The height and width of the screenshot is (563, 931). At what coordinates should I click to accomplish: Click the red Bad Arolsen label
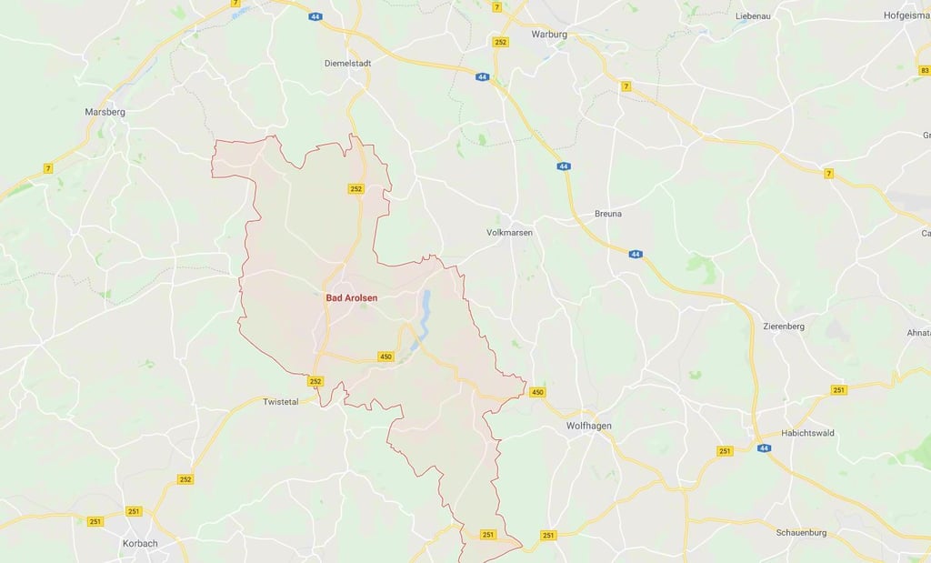(351, 297)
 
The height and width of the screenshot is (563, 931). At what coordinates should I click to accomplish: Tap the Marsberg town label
(105, 112)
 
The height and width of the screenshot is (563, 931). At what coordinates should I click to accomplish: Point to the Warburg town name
(549, 35)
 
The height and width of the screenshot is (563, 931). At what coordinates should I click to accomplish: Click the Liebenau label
(754, 16)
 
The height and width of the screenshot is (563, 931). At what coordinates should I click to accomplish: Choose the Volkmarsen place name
(510, 233)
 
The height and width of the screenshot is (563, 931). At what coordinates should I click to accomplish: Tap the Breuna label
(608, 214)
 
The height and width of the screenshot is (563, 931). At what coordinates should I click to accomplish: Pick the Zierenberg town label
(784, 326)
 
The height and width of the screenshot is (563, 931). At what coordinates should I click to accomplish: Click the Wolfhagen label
(589, 426)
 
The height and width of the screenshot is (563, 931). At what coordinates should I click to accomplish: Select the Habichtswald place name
(808, 433)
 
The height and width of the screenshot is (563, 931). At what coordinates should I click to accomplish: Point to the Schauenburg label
(802, 531)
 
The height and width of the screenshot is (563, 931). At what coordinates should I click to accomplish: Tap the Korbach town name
(140, 544)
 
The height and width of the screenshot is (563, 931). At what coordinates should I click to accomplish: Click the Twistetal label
(280, 401)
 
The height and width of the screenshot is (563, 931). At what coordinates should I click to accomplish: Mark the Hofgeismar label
(906, 15)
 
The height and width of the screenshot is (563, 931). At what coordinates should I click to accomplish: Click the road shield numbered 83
(925, 70)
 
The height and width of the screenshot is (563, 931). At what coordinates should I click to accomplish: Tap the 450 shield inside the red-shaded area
(385, 357)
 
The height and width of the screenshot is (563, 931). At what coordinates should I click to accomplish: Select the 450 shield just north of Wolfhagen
(537, 392)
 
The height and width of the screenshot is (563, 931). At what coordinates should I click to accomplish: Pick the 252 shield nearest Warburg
(501, 43)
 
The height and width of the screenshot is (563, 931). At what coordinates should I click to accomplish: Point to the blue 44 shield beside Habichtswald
(764, 448)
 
